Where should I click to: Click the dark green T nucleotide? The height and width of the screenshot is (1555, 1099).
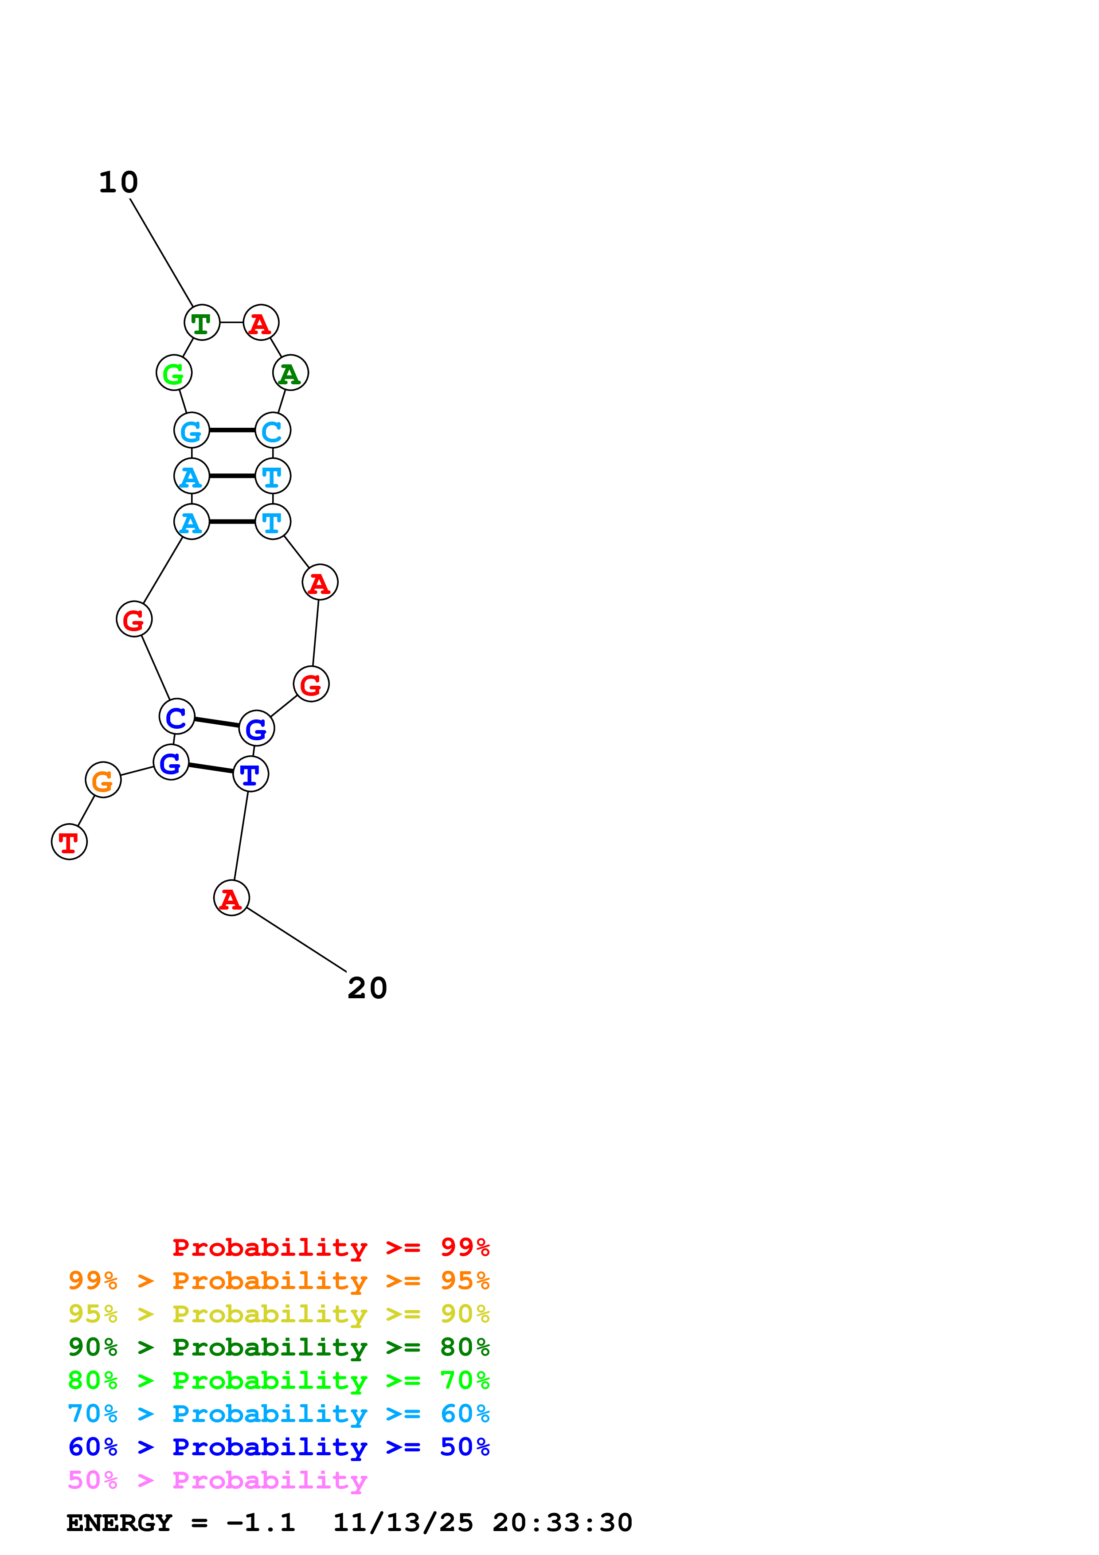tap(202, 323)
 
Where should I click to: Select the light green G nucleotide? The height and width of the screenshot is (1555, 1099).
tap(174, 373)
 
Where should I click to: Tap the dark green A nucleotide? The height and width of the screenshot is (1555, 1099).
tap(290, 373)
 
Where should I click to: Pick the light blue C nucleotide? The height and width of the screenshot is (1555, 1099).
tap(273, 431)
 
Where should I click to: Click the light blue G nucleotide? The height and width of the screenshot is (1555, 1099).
tap(192, 431)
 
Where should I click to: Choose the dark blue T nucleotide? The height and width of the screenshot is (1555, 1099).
tap(250, 774)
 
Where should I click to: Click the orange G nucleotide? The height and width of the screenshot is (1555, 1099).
tap(103, 780)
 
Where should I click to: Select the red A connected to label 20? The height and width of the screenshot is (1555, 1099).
tap(231, 899)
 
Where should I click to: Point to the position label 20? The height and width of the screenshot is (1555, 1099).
tap(367, 988)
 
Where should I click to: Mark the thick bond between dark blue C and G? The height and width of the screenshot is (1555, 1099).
tap(217, 723)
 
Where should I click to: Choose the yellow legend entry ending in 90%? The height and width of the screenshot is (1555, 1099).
tap(279, 1314)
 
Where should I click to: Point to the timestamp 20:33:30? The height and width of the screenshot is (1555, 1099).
tap(562, 1523)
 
